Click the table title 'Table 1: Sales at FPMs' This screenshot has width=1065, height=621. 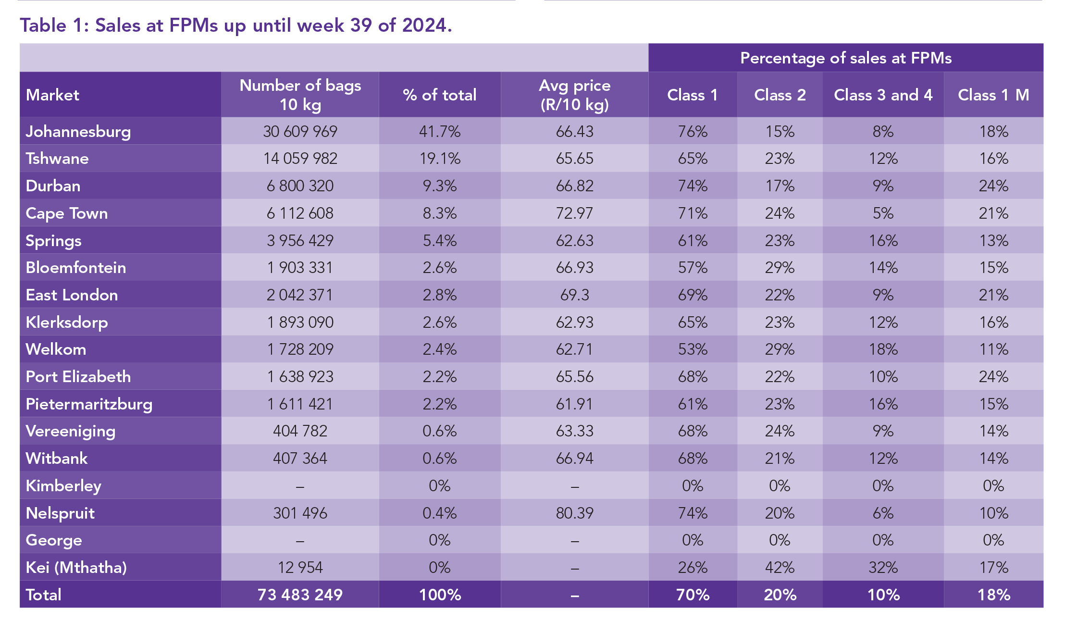pos(235,25)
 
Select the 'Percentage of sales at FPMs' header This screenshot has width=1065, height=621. pos(845,58)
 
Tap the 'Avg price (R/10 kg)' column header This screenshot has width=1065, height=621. pos(574,95)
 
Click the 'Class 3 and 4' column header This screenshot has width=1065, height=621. pos(883,95)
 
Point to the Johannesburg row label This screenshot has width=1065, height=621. pos(78,131)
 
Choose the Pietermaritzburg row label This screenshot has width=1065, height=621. pos(89,404)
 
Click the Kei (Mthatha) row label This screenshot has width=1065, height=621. pos(76,567)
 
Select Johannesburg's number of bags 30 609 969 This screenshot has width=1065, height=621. pos(300,131)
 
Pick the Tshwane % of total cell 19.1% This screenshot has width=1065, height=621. pos(440,159)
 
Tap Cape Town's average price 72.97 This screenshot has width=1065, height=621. pos(574,213)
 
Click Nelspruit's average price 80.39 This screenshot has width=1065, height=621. pos(574,513)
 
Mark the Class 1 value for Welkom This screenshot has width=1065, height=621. pos(693,349)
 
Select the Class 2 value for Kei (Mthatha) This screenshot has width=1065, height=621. pos(780,567)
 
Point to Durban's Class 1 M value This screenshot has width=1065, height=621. pos(993,186)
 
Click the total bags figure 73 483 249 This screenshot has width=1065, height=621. pos(300,595)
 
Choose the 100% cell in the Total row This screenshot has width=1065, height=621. pos(440,595)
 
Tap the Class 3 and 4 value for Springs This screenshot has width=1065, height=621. pos(883,240)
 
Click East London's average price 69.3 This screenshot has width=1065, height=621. pos(574,295)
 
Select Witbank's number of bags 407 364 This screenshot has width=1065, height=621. pos(300,458)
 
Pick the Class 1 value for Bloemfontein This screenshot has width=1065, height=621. pos(693,268)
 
